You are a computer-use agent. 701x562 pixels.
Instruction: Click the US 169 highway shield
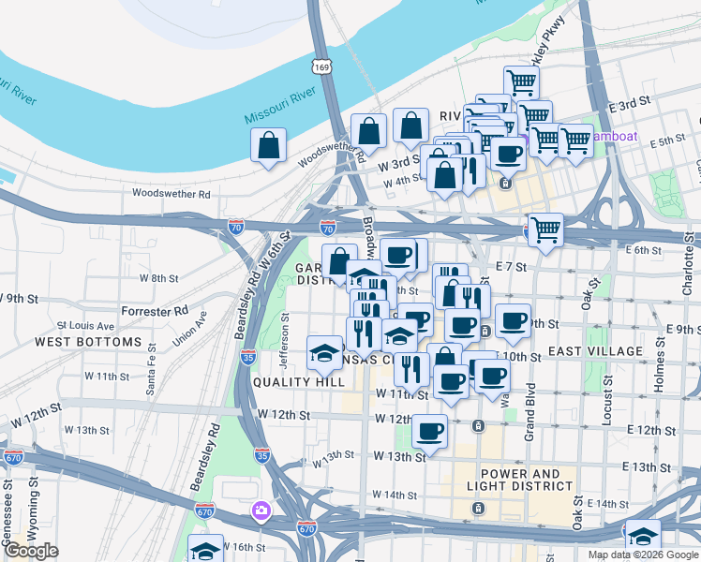(322, 67)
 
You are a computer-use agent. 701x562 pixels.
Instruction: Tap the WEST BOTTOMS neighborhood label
(87, 342)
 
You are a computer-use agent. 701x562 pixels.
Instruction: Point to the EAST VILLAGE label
(596, 351)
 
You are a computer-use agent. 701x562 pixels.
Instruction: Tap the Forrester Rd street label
(155, 310)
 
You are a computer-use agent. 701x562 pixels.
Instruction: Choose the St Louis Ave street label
(85, 326)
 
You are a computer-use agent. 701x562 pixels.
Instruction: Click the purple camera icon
(261, 511)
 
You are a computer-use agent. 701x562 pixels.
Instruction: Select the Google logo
(31, 551)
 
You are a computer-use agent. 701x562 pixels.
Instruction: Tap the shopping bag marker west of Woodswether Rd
(269, 145)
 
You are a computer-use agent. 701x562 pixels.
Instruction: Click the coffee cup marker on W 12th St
(430, 431)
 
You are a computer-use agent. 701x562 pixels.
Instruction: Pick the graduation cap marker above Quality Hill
(324, 352)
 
